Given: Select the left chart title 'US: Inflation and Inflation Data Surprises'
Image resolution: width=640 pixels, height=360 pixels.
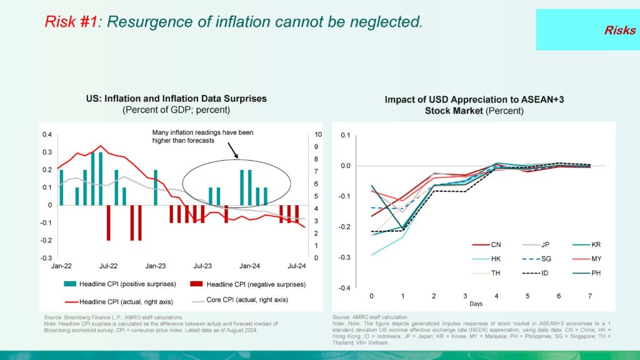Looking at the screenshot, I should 176,99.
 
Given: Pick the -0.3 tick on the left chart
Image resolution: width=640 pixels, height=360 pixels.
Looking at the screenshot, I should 46,258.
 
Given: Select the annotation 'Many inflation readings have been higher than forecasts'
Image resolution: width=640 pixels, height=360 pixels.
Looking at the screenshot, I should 202,136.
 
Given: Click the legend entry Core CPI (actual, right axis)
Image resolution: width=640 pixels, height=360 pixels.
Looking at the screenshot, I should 247,300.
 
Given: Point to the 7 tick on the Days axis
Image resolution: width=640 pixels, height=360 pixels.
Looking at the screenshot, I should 589,295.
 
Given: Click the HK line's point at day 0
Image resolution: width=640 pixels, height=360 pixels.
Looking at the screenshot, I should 372,255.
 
